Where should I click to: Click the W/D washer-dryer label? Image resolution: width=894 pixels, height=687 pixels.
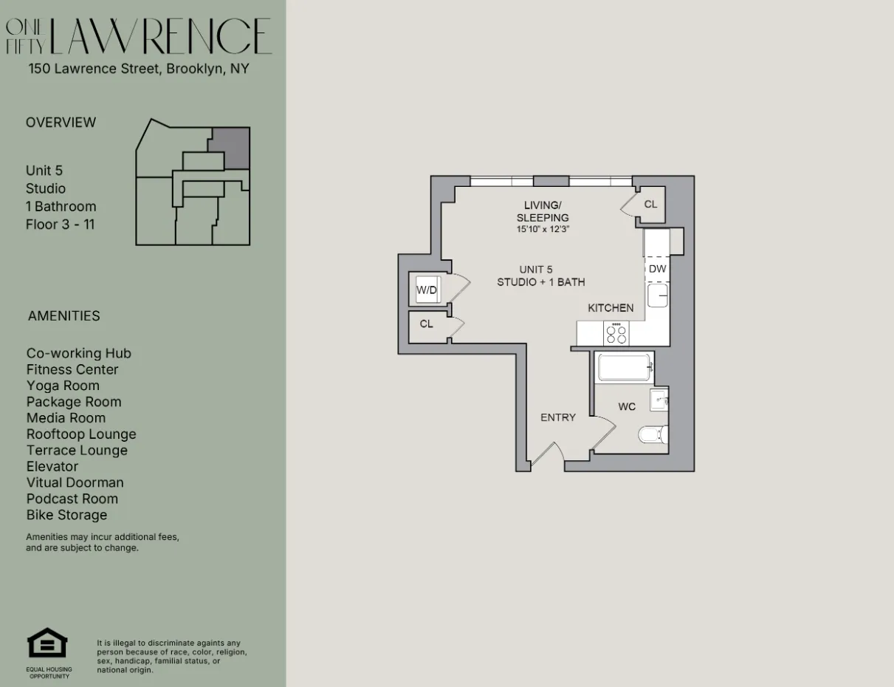[427, 290]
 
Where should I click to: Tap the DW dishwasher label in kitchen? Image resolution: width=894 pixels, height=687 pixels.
[657, 269]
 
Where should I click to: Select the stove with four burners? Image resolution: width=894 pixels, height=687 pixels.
[616, 334]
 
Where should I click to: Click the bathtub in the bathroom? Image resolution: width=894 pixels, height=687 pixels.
[625, 368]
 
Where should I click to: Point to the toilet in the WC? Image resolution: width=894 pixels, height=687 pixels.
[653, 434]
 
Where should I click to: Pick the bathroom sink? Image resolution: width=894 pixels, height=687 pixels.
[659, 401]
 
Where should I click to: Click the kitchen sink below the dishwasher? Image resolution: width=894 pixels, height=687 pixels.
[658, 296]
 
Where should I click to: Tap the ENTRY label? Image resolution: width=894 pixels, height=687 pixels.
[558, 417]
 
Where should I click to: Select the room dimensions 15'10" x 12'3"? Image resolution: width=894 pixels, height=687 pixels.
[543, 230]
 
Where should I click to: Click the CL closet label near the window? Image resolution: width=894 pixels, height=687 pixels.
[650, 204]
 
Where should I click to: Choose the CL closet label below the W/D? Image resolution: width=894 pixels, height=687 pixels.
[427, 324]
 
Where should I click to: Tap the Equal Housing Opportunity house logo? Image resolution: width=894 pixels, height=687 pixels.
[47, 643]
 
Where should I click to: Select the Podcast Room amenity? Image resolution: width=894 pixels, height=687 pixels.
[72, 499]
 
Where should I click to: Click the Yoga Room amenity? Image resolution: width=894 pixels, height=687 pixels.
[63, 386]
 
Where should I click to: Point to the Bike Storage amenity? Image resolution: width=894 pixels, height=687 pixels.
[66, 515]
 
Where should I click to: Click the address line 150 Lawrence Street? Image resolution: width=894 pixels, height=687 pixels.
[139, 69]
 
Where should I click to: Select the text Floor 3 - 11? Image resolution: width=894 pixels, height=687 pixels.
[60, 225]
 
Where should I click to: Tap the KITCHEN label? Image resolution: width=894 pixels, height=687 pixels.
[611, 308]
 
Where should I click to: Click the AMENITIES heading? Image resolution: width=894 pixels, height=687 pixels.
[63, 316]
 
